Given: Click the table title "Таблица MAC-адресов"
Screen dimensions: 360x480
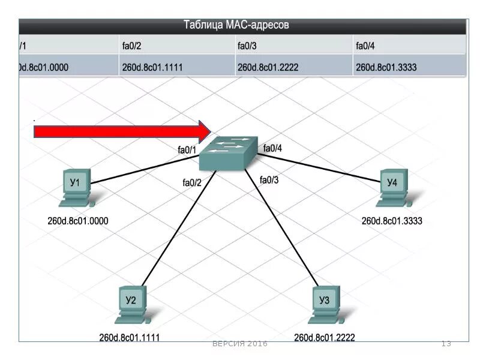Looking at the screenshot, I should [x=236, y=25].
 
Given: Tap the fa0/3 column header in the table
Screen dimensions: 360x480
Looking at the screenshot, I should [x=247, y=45].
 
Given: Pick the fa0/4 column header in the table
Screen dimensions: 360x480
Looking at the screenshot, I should [x=365, y=45].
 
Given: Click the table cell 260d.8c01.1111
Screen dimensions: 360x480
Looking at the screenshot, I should [x=152, y=68].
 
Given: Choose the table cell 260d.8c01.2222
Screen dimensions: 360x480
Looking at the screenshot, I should [x=268, y=68].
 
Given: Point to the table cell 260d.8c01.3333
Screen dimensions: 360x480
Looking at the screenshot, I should [x=386, y=68].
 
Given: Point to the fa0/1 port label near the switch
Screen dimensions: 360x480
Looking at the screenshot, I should [x=187, y=150].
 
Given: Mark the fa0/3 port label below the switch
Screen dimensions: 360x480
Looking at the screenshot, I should [x=269, y=179].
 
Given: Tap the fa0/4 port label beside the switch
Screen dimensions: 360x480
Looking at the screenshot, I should [x=272, y=148].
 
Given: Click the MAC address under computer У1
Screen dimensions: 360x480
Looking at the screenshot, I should [x=78, y=221].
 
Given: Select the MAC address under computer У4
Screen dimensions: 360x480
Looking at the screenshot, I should [x=392, y=221].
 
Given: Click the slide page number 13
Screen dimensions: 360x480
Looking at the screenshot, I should [x=446, y=344].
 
